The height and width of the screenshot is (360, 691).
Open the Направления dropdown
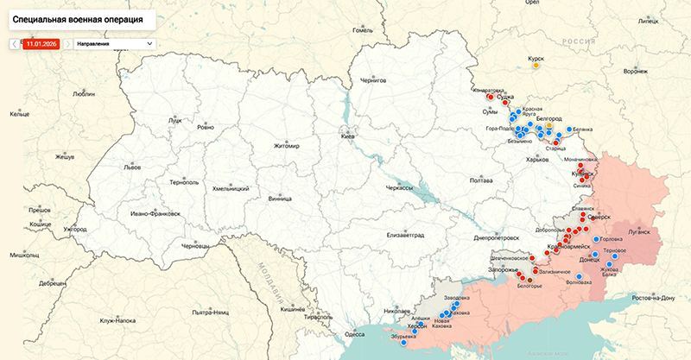tap(113, 42)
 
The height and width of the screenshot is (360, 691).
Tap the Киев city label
tap(347, 136)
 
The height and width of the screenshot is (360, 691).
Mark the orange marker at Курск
tap(536, 65)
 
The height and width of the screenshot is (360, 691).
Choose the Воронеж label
tap(635, 71)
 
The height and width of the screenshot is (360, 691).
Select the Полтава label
tap(481, 180)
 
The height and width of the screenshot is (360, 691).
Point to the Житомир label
tap(285, 146)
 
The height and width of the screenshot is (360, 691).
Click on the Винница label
tap(280, 198)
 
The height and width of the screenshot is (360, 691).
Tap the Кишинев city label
tap(294, 307)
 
